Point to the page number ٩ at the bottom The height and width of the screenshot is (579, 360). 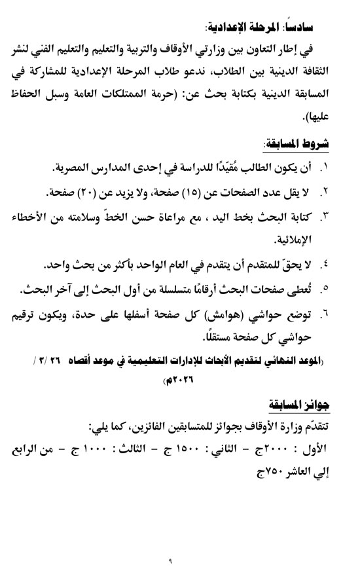pyautogui.click(x=179, y=557)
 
